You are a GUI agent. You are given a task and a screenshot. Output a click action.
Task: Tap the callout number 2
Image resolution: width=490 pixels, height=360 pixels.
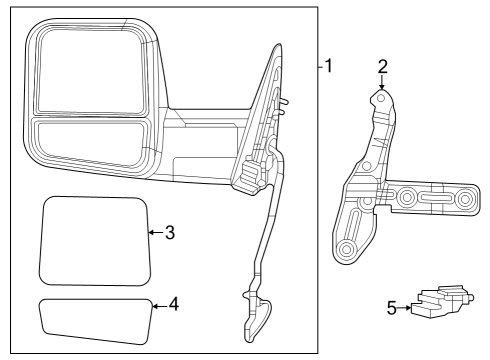click(x=381, y=68)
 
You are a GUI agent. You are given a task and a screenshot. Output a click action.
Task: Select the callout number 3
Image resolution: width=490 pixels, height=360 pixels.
click(x=170, y=233)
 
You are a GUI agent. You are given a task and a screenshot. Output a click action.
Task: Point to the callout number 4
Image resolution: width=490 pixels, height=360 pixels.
click(x=174, y=302)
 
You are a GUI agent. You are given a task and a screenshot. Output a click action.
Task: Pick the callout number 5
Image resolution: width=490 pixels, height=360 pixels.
click(x=391, y=309)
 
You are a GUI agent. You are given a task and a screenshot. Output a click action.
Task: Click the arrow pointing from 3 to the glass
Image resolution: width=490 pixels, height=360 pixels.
click(x=153, y=233)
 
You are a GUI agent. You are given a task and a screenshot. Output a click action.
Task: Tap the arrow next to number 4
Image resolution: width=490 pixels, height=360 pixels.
click(x=157, y=302)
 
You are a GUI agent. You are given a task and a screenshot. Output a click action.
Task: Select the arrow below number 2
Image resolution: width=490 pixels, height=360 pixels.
click(x=381, y=84)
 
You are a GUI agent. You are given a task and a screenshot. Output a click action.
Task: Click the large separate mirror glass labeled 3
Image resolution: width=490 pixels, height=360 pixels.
click(x=93, y=240)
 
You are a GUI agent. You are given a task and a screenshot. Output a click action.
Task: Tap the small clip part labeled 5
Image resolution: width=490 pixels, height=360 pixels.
click(x=440, y=303)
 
